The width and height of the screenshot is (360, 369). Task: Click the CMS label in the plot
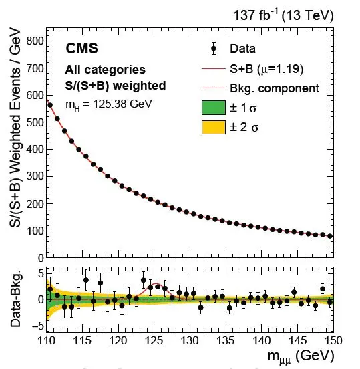tap(81, 49)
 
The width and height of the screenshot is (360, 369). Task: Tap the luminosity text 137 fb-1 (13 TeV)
tap(283, 15)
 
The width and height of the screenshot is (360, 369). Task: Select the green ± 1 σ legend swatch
tap(214, 108)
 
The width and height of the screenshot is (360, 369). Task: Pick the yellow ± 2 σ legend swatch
tap(214, 127)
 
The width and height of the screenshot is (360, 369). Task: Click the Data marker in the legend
tap(214, 49)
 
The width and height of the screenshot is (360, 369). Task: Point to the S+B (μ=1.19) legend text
tap(266, 69)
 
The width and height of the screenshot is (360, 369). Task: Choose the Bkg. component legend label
tap(275, 88)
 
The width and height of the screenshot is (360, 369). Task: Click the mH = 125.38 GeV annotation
tap(109, 104)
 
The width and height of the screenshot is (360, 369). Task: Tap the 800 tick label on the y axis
tap(35, 41)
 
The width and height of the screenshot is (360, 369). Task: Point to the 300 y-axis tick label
tap(35, 176)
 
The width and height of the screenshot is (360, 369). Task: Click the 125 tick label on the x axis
tap(154, 340)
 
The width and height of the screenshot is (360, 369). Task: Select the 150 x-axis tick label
tap(333, 340)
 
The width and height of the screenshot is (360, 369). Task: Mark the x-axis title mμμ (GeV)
tap(301, 356)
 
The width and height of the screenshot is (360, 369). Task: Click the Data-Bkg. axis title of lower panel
tap(15, 299)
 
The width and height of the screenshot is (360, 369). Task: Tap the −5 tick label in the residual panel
tap(38, 326)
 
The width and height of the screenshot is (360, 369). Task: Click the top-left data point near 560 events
tap(50, 105)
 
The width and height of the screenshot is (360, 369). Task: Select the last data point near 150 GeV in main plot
tap(330, 236)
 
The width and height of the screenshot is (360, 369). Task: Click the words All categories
tap(106, 70)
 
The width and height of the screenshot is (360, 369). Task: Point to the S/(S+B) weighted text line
tap(116, 86)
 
